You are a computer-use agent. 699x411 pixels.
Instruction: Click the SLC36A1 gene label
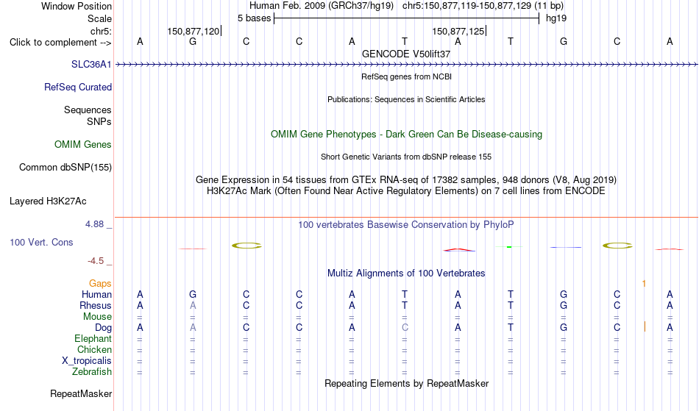pos(91,65)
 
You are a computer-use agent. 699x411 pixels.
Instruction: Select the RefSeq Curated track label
pos(78,87)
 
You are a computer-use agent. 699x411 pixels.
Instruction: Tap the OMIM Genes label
pos(83,145)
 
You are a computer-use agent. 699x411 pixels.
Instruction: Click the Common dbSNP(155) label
pos(65,168)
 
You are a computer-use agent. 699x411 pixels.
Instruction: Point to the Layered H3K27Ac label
pos(48,201)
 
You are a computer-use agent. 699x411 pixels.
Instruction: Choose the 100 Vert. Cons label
pos(41,242)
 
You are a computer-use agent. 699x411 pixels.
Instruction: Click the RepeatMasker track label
pos(81,393)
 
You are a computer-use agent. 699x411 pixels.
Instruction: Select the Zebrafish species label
pos(92,372)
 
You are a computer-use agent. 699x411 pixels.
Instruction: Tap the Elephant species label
pos(93,339)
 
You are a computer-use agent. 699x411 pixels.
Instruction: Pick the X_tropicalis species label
pos(87,361)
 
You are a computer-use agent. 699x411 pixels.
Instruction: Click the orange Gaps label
pos(100,284)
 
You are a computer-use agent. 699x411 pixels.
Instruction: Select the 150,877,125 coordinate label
pos(458,31)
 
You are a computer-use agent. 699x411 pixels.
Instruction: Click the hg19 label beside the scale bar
pos(556,18)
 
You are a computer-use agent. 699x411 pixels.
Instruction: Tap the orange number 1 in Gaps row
pos(644,284)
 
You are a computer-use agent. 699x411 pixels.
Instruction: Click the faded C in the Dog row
pos(405,328)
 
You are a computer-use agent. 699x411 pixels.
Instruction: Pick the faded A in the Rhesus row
pos(193,305)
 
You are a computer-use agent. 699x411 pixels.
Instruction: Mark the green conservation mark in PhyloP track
pos(509,247)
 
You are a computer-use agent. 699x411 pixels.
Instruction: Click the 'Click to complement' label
pos(60,43)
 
